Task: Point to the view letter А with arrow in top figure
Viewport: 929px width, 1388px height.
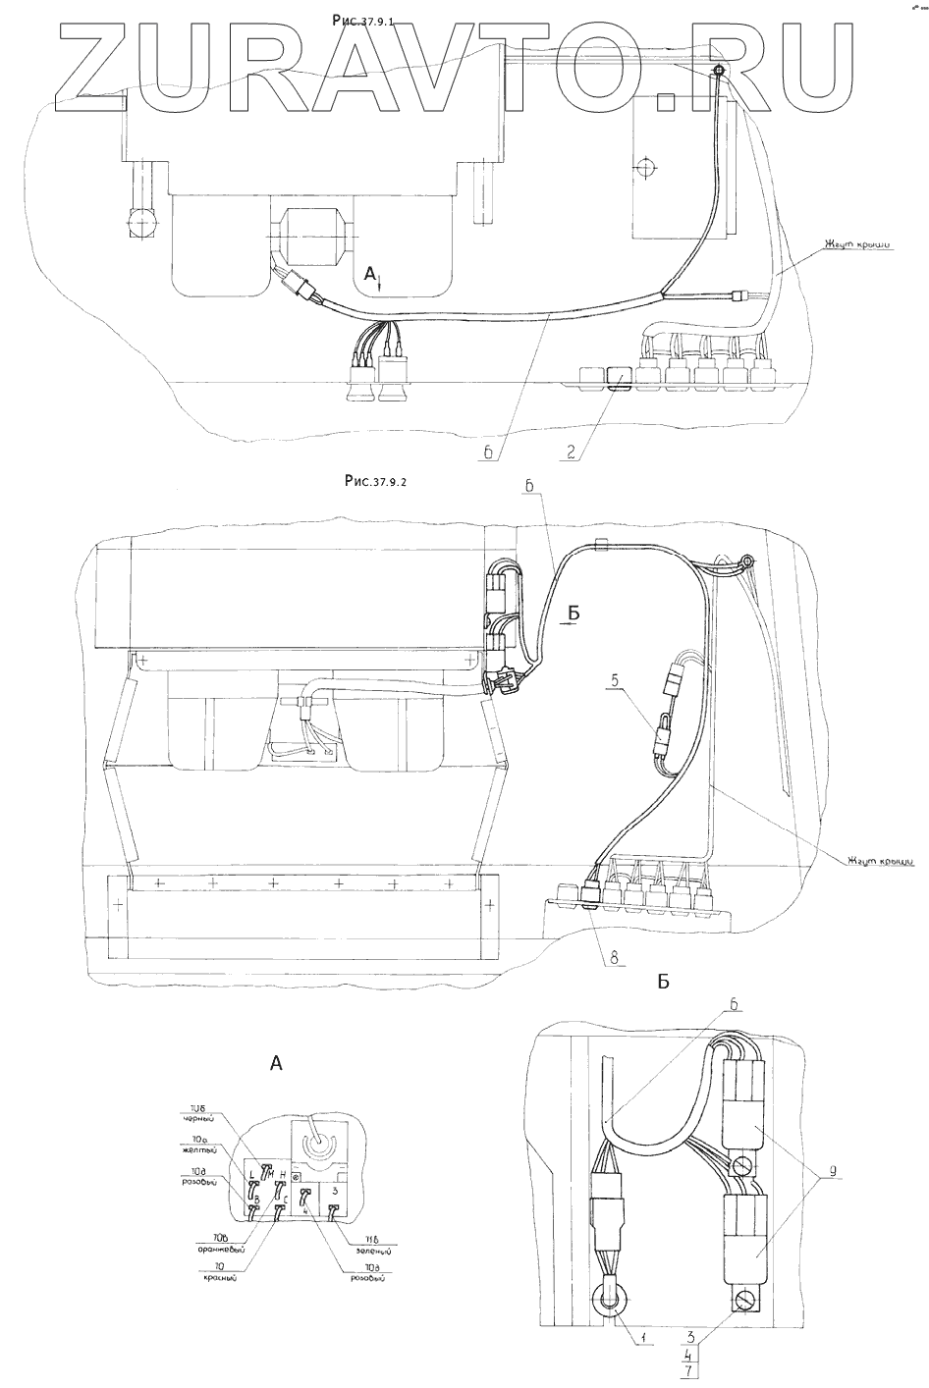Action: [x=371, y=276]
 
